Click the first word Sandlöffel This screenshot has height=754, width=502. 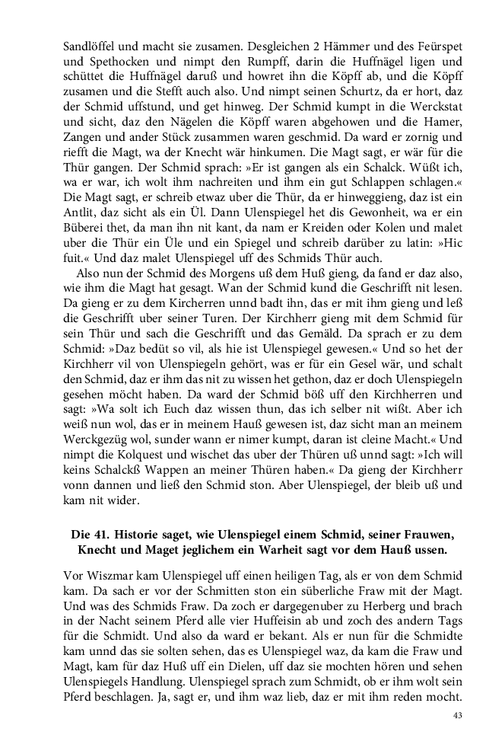89,47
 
